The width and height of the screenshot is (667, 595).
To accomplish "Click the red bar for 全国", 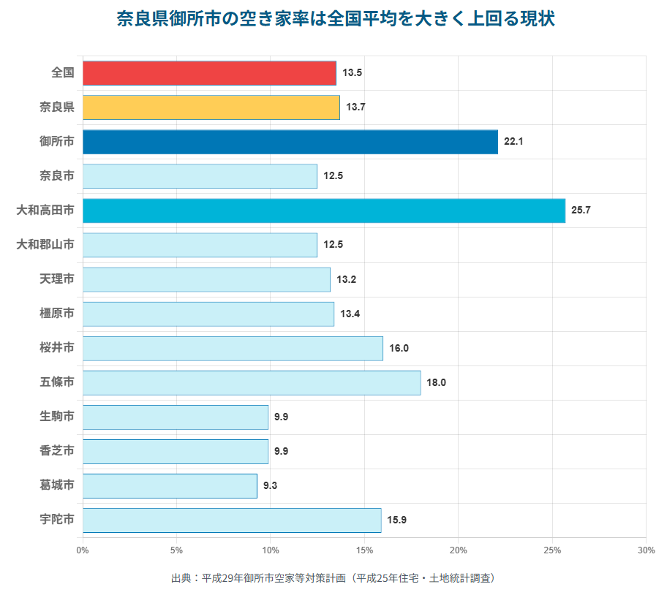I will click(209, 73).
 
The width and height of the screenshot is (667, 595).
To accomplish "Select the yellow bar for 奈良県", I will click(211, 107).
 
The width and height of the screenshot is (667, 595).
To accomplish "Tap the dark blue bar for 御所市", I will click(290, 142).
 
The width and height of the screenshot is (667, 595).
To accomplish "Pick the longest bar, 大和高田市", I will click(323, 211).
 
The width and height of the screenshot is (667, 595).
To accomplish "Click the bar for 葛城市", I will click(170, 486).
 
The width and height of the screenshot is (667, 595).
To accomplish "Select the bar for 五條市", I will click(252, 382).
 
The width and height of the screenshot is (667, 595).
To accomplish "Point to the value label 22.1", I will click(513, 142).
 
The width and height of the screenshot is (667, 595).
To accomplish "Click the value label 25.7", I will click(581, 211).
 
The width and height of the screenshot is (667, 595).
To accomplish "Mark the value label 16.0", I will click(399, 348).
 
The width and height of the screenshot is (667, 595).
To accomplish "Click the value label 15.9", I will click(397, 520).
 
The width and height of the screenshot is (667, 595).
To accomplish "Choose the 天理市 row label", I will click(57, 279).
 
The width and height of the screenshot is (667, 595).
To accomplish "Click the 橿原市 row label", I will click(57, 314).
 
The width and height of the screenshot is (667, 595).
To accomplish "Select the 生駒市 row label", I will click(57, 417).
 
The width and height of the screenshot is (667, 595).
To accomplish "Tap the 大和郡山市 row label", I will click(45, 245).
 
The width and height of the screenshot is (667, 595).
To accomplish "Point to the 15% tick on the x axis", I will click(364, 550).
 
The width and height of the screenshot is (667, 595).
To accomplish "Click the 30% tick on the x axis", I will click(645, 550).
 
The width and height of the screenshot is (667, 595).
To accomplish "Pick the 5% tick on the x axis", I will click(176, 550).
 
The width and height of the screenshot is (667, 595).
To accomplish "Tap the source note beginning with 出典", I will click(333, 578).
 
